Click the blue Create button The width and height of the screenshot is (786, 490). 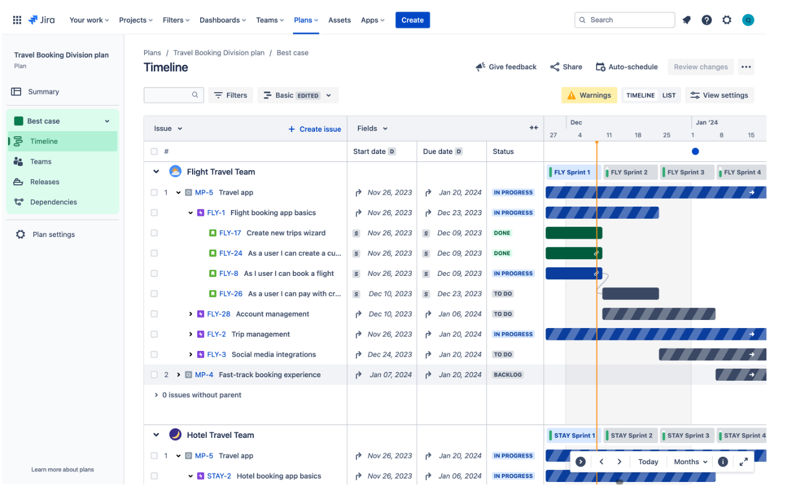click(412, 20)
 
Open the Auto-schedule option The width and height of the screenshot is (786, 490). click(627, 67)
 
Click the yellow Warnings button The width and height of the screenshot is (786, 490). click(589, 95)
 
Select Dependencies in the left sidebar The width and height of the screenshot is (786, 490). click(53, 202)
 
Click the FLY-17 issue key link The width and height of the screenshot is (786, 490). click(230, 233)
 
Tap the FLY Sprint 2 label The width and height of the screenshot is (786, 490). click(629, 172)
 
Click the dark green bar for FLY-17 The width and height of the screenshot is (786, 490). click(573, 233)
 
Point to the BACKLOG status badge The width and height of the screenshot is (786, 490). click(508, 375)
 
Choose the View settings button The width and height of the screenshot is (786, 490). click(720, 95)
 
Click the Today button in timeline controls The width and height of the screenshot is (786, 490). click(648, 462)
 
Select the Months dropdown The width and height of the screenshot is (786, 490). click(691, 462)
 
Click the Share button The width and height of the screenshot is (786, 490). click(566, 67)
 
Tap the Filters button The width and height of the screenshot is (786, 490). click(230, 95)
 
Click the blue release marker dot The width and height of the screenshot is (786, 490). click(695, 152)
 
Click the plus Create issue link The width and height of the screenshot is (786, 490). click(314, 129)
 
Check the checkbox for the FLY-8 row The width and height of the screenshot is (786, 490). click(154, 274)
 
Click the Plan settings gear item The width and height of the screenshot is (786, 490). click(53, 235)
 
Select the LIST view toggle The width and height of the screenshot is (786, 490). click(669, 96)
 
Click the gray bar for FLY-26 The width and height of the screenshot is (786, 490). click(631, 294)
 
